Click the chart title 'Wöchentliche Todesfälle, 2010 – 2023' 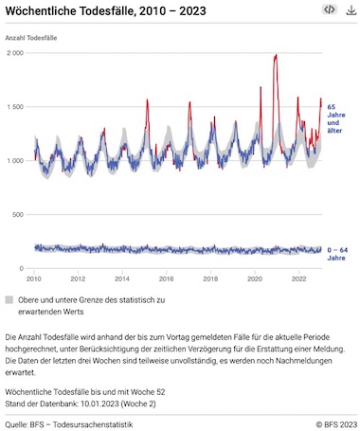[105, 11]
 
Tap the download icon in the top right [351, 10]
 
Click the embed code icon [330, 9]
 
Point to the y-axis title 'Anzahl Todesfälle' [31, 38]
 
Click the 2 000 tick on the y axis [15, 53]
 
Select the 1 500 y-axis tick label [15, 107]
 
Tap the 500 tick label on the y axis [19, 215]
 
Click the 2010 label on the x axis [34, 278]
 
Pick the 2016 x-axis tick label [166, 278]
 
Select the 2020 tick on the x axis [255, 278]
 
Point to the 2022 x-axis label [298, 278]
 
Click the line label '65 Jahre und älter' [336, 118]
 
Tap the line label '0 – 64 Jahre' [337, 254]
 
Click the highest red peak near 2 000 [277, 55]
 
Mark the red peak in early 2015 [147, 99]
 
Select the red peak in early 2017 [189, 102]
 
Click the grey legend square [9, 299]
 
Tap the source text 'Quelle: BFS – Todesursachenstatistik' [69, 424]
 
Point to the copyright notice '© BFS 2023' [336, 424]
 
